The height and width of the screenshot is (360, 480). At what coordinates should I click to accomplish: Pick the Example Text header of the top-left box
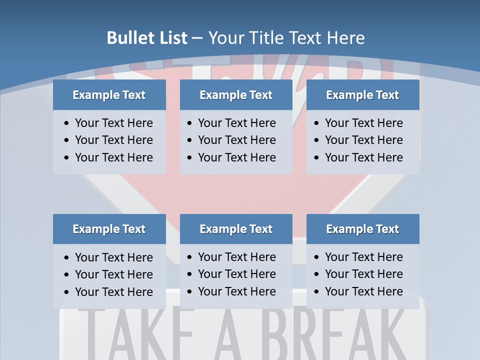point(109,95)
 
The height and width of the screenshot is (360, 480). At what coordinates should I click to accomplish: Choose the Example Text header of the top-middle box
point(236,95)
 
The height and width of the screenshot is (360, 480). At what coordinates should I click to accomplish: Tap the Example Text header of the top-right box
point(362,95)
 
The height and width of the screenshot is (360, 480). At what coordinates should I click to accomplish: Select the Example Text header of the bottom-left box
point(109,229)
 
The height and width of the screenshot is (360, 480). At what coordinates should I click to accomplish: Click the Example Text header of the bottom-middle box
point(236,229)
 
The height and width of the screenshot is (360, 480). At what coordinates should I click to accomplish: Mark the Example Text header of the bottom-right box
point(362,229)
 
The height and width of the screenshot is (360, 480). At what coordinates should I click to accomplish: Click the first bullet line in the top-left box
point(113,123)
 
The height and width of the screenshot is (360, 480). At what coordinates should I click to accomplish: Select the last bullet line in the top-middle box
point(236,157)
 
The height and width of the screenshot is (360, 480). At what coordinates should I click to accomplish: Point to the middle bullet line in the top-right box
point(363,140)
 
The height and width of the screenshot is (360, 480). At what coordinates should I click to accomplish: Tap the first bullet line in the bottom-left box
point(113,257)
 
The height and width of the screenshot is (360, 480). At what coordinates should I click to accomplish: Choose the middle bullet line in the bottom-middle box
point(236,274)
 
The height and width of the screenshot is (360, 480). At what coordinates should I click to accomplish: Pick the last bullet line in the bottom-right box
point(363,291)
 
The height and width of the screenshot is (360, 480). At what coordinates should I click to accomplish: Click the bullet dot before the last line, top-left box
point(67,158)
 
